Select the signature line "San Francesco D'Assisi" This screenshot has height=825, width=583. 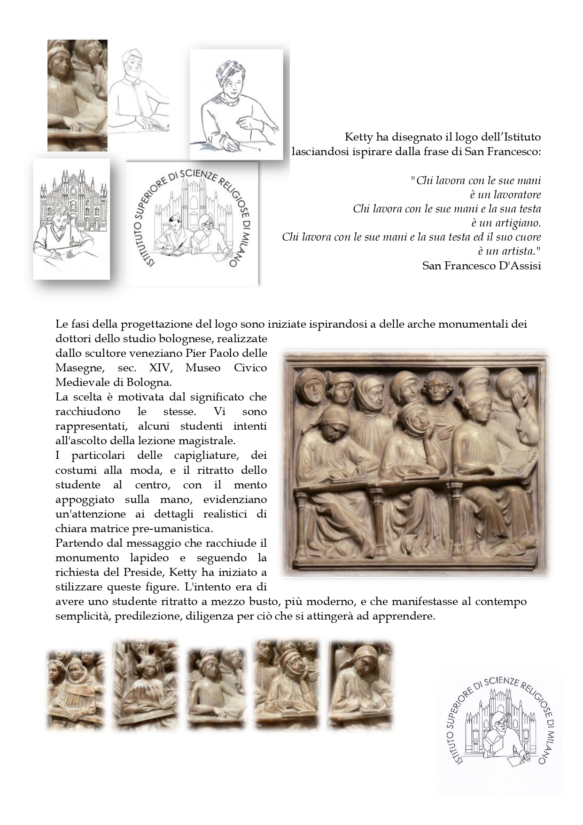[482, 266]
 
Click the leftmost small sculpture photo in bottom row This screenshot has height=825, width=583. [75, 689]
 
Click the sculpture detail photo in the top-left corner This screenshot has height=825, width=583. [78, 95]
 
